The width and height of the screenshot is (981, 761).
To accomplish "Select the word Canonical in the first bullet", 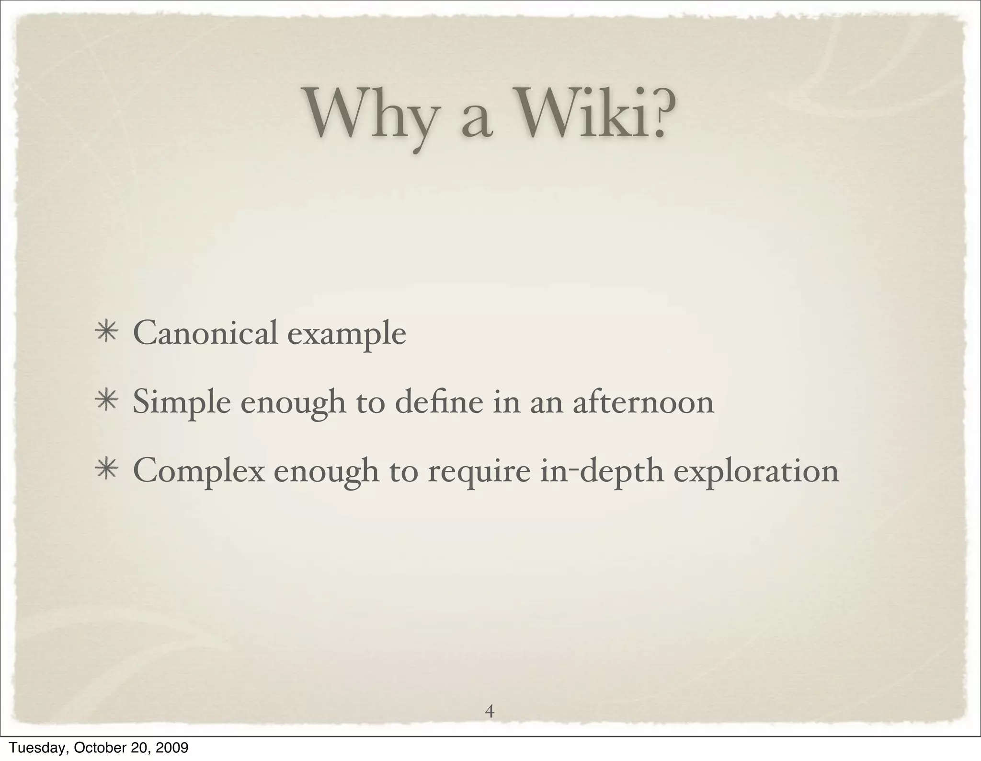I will (205, 333).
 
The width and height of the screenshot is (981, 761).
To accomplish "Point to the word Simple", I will (182, 403).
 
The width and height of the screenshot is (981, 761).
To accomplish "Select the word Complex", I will (198, 472).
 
